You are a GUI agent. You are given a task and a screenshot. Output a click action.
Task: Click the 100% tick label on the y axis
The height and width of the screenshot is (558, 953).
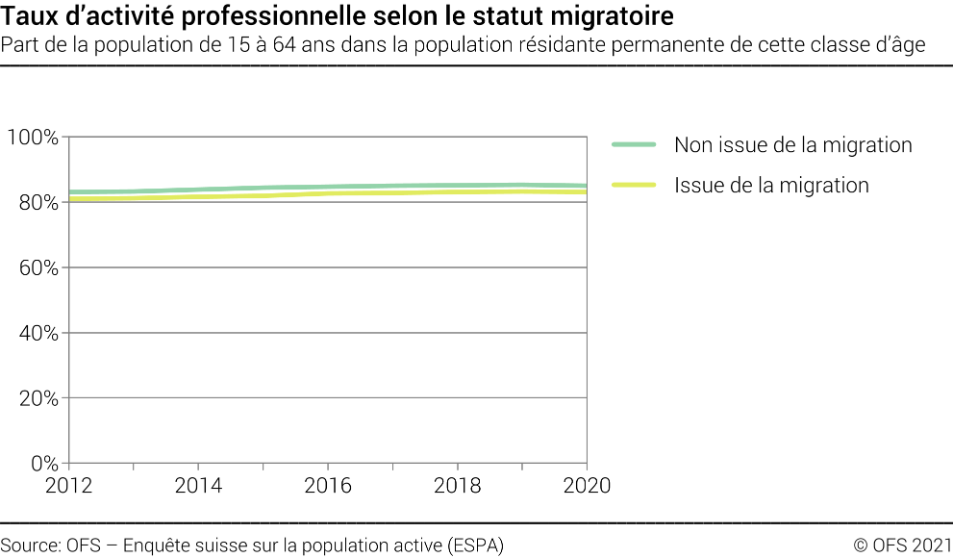[x=33, y=137]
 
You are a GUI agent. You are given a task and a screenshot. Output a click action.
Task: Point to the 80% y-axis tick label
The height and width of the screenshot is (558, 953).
[x=38, y=202]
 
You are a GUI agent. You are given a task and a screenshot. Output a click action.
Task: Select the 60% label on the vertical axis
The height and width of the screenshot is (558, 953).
[x=38, y=267]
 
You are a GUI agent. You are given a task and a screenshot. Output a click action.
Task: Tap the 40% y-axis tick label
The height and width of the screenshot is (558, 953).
[x=38, y=333]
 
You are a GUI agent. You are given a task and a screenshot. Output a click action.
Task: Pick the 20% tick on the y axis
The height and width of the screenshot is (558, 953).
[x=38, y=398]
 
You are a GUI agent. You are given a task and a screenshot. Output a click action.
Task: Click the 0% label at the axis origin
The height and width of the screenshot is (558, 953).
[x=43, y=464]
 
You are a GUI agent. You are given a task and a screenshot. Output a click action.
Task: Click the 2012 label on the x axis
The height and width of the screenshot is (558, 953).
[x=69, y=485]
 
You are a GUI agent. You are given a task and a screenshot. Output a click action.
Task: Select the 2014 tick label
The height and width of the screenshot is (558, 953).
[x=198, y=485]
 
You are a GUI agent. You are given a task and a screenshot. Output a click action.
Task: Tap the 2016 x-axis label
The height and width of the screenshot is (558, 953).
[x=328, y=485]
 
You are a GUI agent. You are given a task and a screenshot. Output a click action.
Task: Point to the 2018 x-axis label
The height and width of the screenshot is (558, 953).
[x=458, y=485]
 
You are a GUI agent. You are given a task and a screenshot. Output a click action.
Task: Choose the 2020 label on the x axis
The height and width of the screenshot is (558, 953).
[x=587, y=485]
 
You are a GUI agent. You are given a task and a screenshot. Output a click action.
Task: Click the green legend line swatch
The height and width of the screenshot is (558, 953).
[x=634, y=145]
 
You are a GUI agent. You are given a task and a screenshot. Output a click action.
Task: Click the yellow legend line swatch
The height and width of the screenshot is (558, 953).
[x=634, y=185]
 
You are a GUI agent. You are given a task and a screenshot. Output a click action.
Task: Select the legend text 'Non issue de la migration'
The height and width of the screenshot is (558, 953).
[x=792, y=145]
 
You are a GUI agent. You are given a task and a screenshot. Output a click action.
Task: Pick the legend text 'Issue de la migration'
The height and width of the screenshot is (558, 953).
[x=771, y=185]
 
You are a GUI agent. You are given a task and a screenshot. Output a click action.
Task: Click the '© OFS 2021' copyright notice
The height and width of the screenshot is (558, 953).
[x=903, y=545]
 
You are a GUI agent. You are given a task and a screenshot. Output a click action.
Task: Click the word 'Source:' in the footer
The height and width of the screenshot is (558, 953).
[x=32, y=545]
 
